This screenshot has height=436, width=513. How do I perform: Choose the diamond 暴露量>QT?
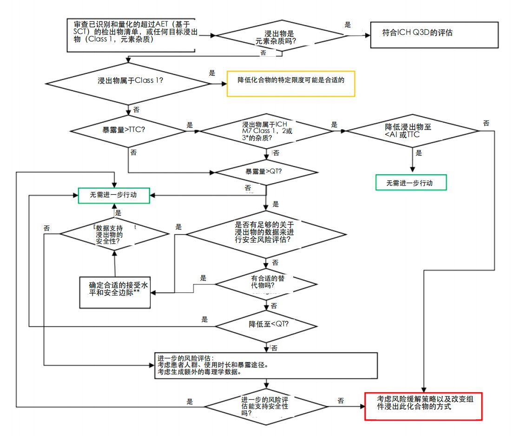point(266,172)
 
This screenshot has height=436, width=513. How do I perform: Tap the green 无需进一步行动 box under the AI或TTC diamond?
point(411,183)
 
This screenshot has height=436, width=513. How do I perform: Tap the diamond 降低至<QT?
point(266,324)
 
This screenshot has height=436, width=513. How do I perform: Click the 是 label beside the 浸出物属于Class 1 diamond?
point(212,73)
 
